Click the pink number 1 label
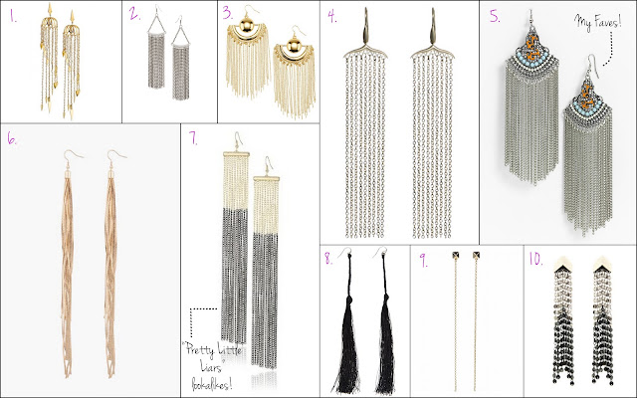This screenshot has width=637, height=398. click(x=13, y=17)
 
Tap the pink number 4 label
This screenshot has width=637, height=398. click(x=332, y=17)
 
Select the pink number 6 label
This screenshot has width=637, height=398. click(x=12, y=139)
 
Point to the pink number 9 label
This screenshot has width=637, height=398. click(x=423, y=261)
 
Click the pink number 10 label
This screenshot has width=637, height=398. click(x=535, y=259)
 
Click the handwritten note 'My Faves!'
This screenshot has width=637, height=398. click(x=597, y=22)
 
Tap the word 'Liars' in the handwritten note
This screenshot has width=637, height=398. click(x=211, y=367)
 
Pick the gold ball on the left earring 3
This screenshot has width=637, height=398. click(x=247, y=26)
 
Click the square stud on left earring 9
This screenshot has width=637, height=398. click(x=456, y=256)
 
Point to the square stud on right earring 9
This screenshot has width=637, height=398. click(x=476, y=256)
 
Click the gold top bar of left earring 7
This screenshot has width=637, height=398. click(x=236, y=154)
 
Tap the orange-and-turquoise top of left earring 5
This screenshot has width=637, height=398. click(x=531, y=44)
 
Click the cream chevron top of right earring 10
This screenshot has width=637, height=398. click(x=602, y=264)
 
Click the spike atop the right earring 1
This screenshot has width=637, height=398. click(x=73, y=16)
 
